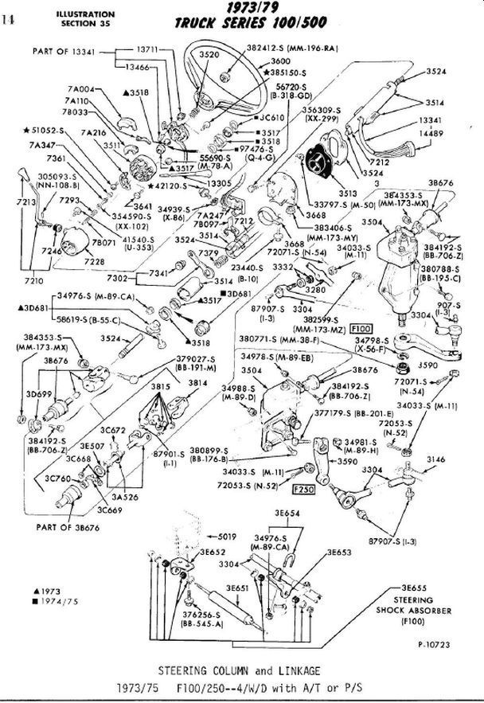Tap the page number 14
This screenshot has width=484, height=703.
point(9,21)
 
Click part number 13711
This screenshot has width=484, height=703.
point(148,49)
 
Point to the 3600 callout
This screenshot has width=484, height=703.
point(280,61)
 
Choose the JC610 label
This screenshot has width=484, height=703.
point(273,116)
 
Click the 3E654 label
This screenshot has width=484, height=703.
point(287,513)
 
